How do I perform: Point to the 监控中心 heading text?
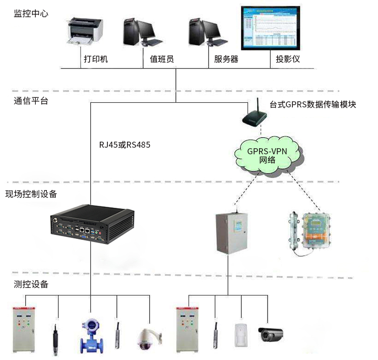coord(31,14)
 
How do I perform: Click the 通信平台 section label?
coord(31,101)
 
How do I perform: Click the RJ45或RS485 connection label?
coord(124,145)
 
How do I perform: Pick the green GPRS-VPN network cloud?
coord(267,155)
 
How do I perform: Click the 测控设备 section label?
coord(31,284)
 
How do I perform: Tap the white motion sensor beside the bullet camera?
coord(241,334)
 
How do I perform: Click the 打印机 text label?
coord(96,59)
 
